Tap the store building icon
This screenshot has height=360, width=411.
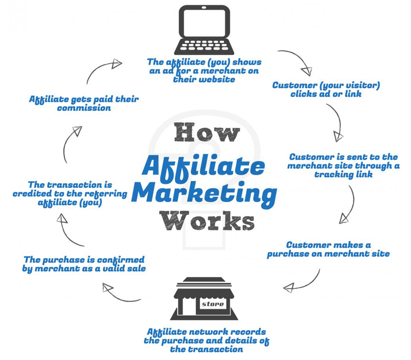204,299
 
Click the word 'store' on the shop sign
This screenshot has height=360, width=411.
213,304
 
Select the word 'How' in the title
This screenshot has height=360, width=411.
207,133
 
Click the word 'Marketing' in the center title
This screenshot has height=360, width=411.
204,194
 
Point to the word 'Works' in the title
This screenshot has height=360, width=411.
207,221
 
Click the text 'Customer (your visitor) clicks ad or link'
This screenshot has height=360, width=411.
326,89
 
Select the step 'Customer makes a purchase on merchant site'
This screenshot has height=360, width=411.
328,249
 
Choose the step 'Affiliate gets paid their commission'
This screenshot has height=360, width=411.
84,103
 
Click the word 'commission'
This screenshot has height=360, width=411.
84,108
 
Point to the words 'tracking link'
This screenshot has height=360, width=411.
343,174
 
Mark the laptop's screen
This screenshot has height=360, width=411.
204,22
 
